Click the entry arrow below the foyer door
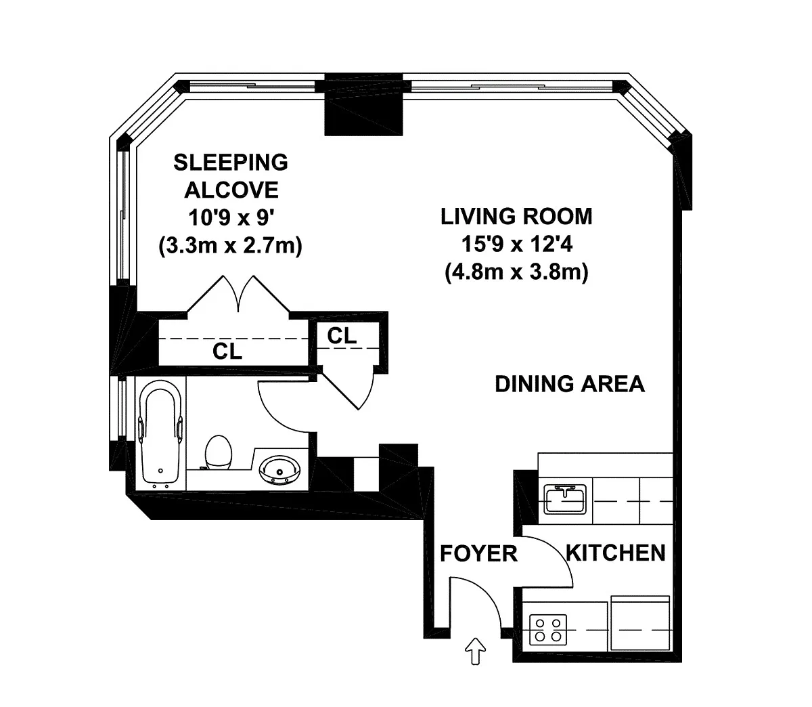pyautogui.click(x=475, y=651)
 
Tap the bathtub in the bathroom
pyautogui.click(x=160, y=434)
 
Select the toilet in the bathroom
pyautogui.click(x=218, y=452)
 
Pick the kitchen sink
pyautogui.click(x=565, y=499)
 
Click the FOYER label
pyautogui.click(x=478, y=553)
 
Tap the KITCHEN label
pyautogui.click(x=616, y=553)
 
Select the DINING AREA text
pyautogui.click(x=570, y=384)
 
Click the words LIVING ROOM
pyautogui.click(x=516, y=217)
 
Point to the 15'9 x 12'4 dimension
pyautogui.click(x=517, y=244)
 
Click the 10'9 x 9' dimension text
pyautogui.click(x=231, y=217)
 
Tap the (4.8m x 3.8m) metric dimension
pyautogui.click(x=516, y=272)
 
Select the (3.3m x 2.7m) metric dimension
pyautogui.click(x=231, y=245)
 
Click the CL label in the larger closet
pyautogui.click(x=227, y=351)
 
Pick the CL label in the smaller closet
pyautogui.click(x=342, y=336)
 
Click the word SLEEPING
pyautogui.click(x=231, y=163)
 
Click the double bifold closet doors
pyautogui.click(x=238, y=295)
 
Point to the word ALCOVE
pyautogui.click(x=231, y=190)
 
